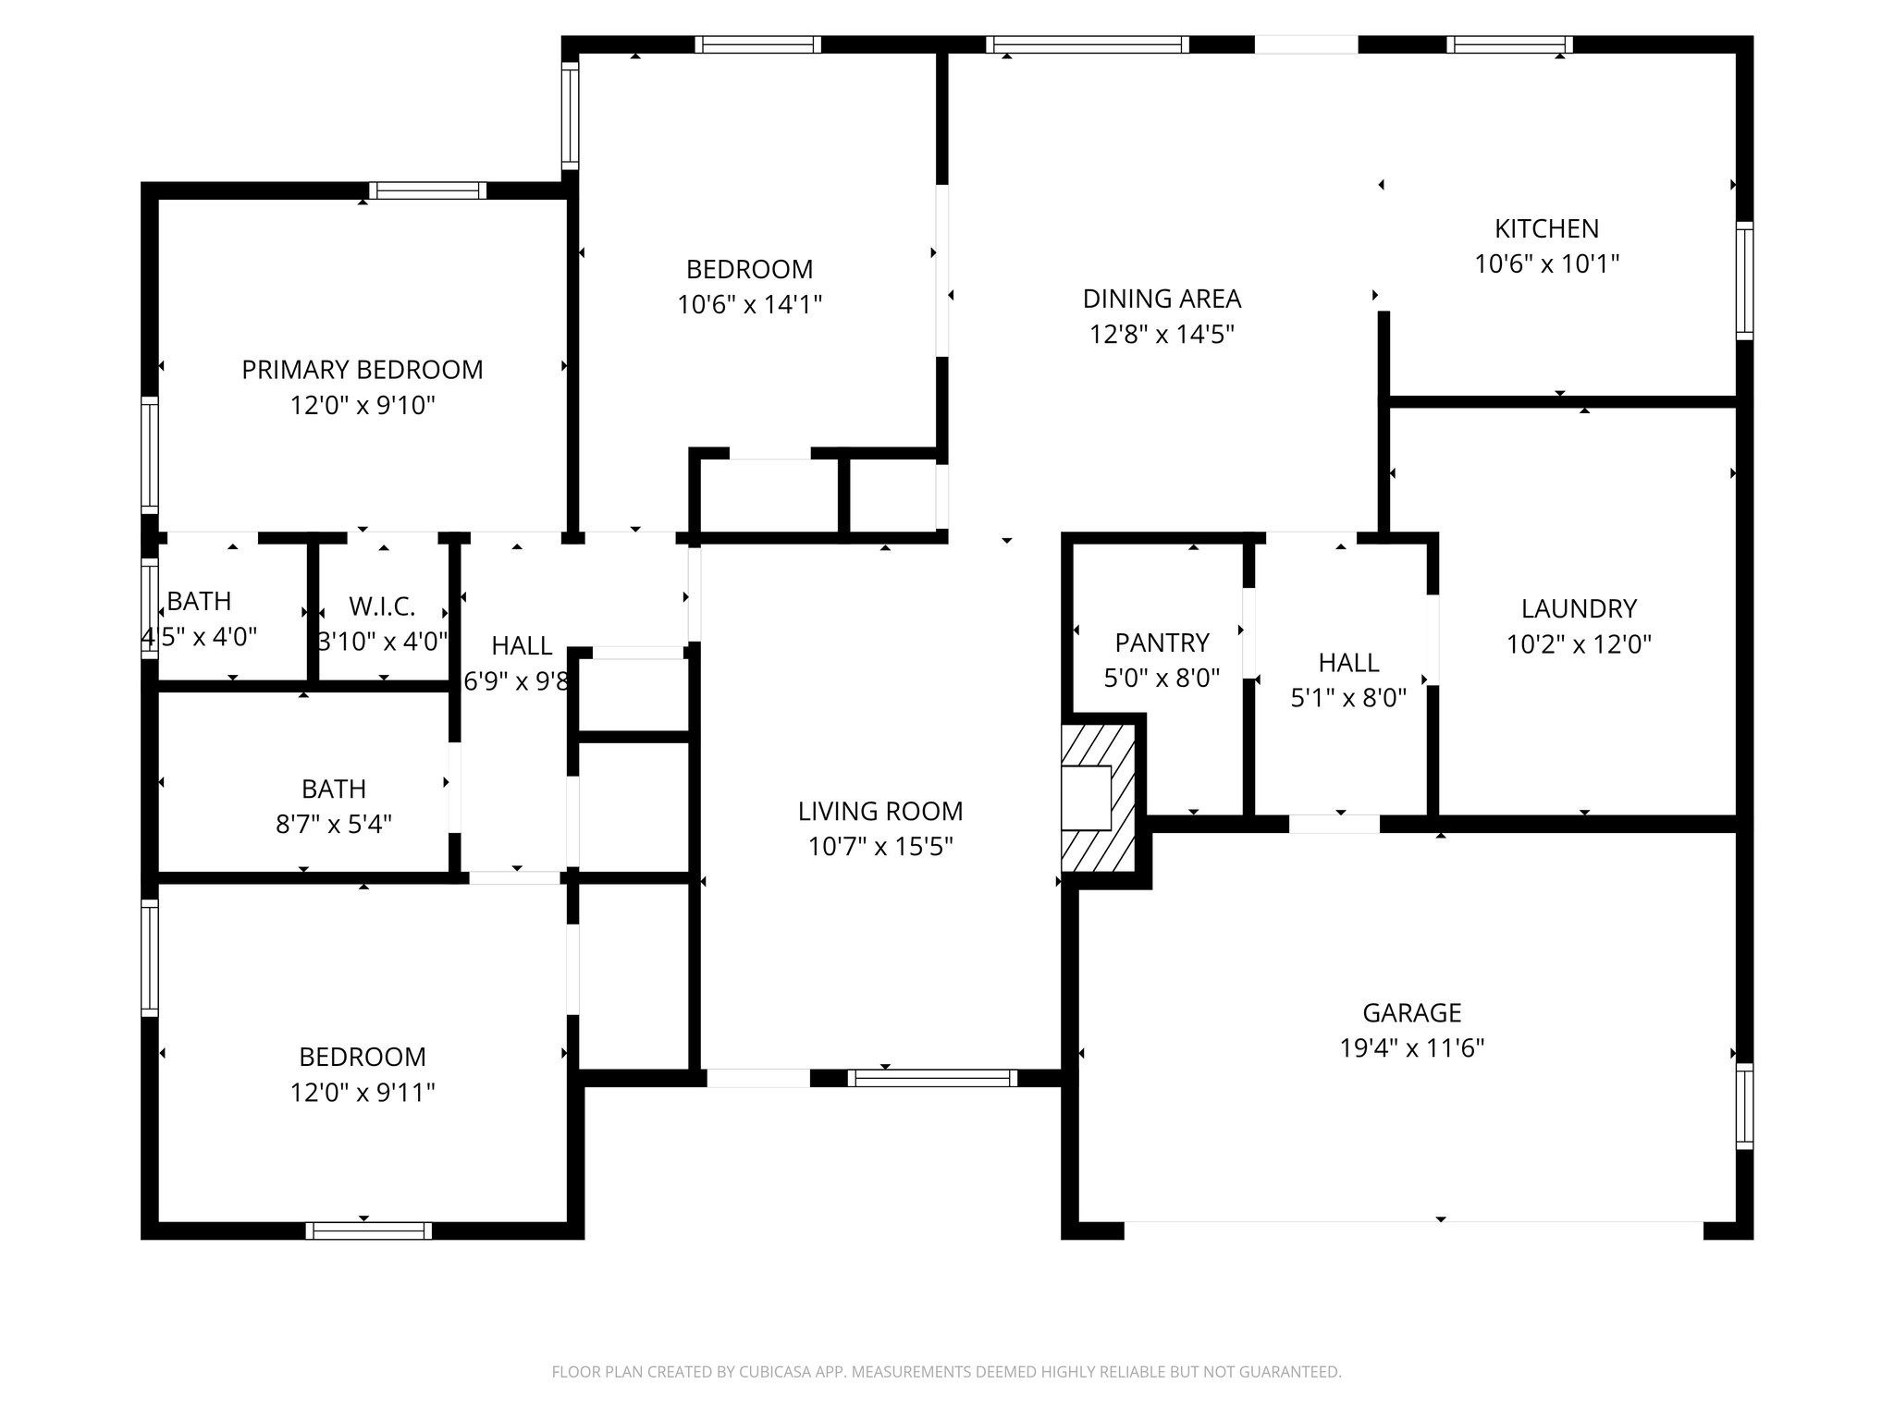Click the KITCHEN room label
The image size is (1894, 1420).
[1546, 228]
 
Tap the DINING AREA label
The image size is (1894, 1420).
[1162, 299]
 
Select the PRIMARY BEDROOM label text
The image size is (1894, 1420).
[363, 370]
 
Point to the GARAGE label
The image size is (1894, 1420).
[1412, 1013]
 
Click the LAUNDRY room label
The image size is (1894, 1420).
[1579, 608]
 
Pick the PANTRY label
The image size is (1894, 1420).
[1162, 643]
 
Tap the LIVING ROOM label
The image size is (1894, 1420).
[880, 811]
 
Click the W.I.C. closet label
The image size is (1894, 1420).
[382, 606]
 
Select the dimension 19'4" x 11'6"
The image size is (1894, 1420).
[1412, 1048]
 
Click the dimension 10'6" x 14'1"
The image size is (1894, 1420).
[750, 304]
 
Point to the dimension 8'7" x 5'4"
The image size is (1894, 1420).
[334, 824]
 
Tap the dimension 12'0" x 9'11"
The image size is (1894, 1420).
[363, 1093]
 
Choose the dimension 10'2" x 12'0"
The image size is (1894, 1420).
[1579, 643]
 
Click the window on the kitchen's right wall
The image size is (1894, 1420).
[1744, 280]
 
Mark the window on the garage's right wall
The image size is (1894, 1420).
[1744, 1106]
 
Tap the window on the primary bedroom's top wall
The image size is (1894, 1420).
[428, 190]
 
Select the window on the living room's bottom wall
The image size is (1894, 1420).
[932, 1078]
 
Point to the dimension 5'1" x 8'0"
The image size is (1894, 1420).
[1348, 698]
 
